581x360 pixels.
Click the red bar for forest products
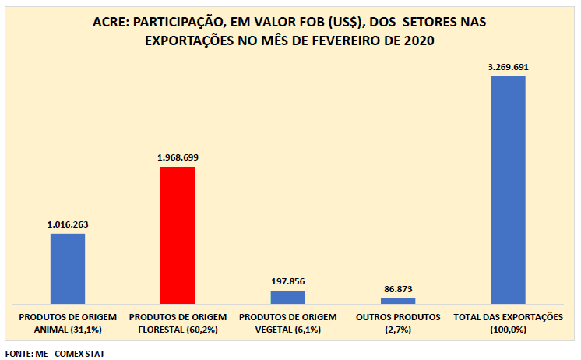pos(178,235)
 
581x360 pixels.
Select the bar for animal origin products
pos(68,268)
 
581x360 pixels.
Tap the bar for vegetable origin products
pos(288,297)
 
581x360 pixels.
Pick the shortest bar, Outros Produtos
pos(398,300)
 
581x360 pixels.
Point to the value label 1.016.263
pos(68,224)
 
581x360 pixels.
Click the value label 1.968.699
pos(178,157)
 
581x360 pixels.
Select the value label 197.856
pos(288,281)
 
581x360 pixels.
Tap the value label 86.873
pos(398,289)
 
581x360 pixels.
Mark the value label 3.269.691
pos(508,67)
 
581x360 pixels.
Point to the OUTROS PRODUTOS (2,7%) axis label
pos(398,324)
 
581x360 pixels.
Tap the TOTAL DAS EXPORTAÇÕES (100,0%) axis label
pos(508,324)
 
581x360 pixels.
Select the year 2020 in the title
pos(419,41)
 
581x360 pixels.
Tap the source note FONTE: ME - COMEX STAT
pos(55,354)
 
